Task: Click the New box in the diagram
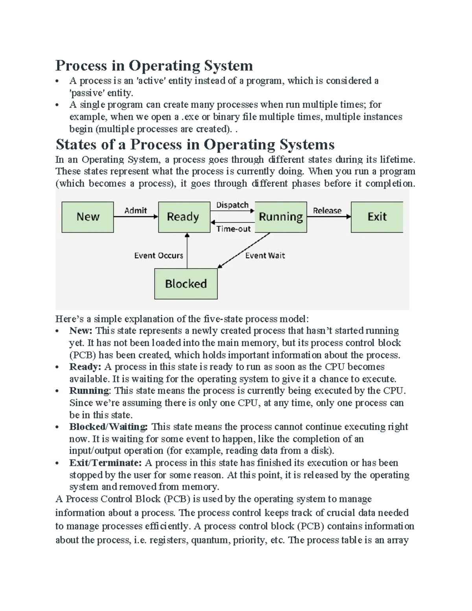88,217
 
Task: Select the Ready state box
184,217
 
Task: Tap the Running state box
281,217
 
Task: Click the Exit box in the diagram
377,217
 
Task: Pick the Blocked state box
186,284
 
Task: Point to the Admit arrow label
136,210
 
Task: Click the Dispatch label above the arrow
232,205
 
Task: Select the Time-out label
233,229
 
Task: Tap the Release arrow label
327,210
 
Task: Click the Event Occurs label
159,256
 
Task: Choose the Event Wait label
265,256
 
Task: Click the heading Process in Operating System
154,65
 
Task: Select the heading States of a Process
195,144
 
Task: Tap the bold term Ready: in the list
85,367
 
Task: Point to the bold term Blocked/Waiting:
109,427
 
